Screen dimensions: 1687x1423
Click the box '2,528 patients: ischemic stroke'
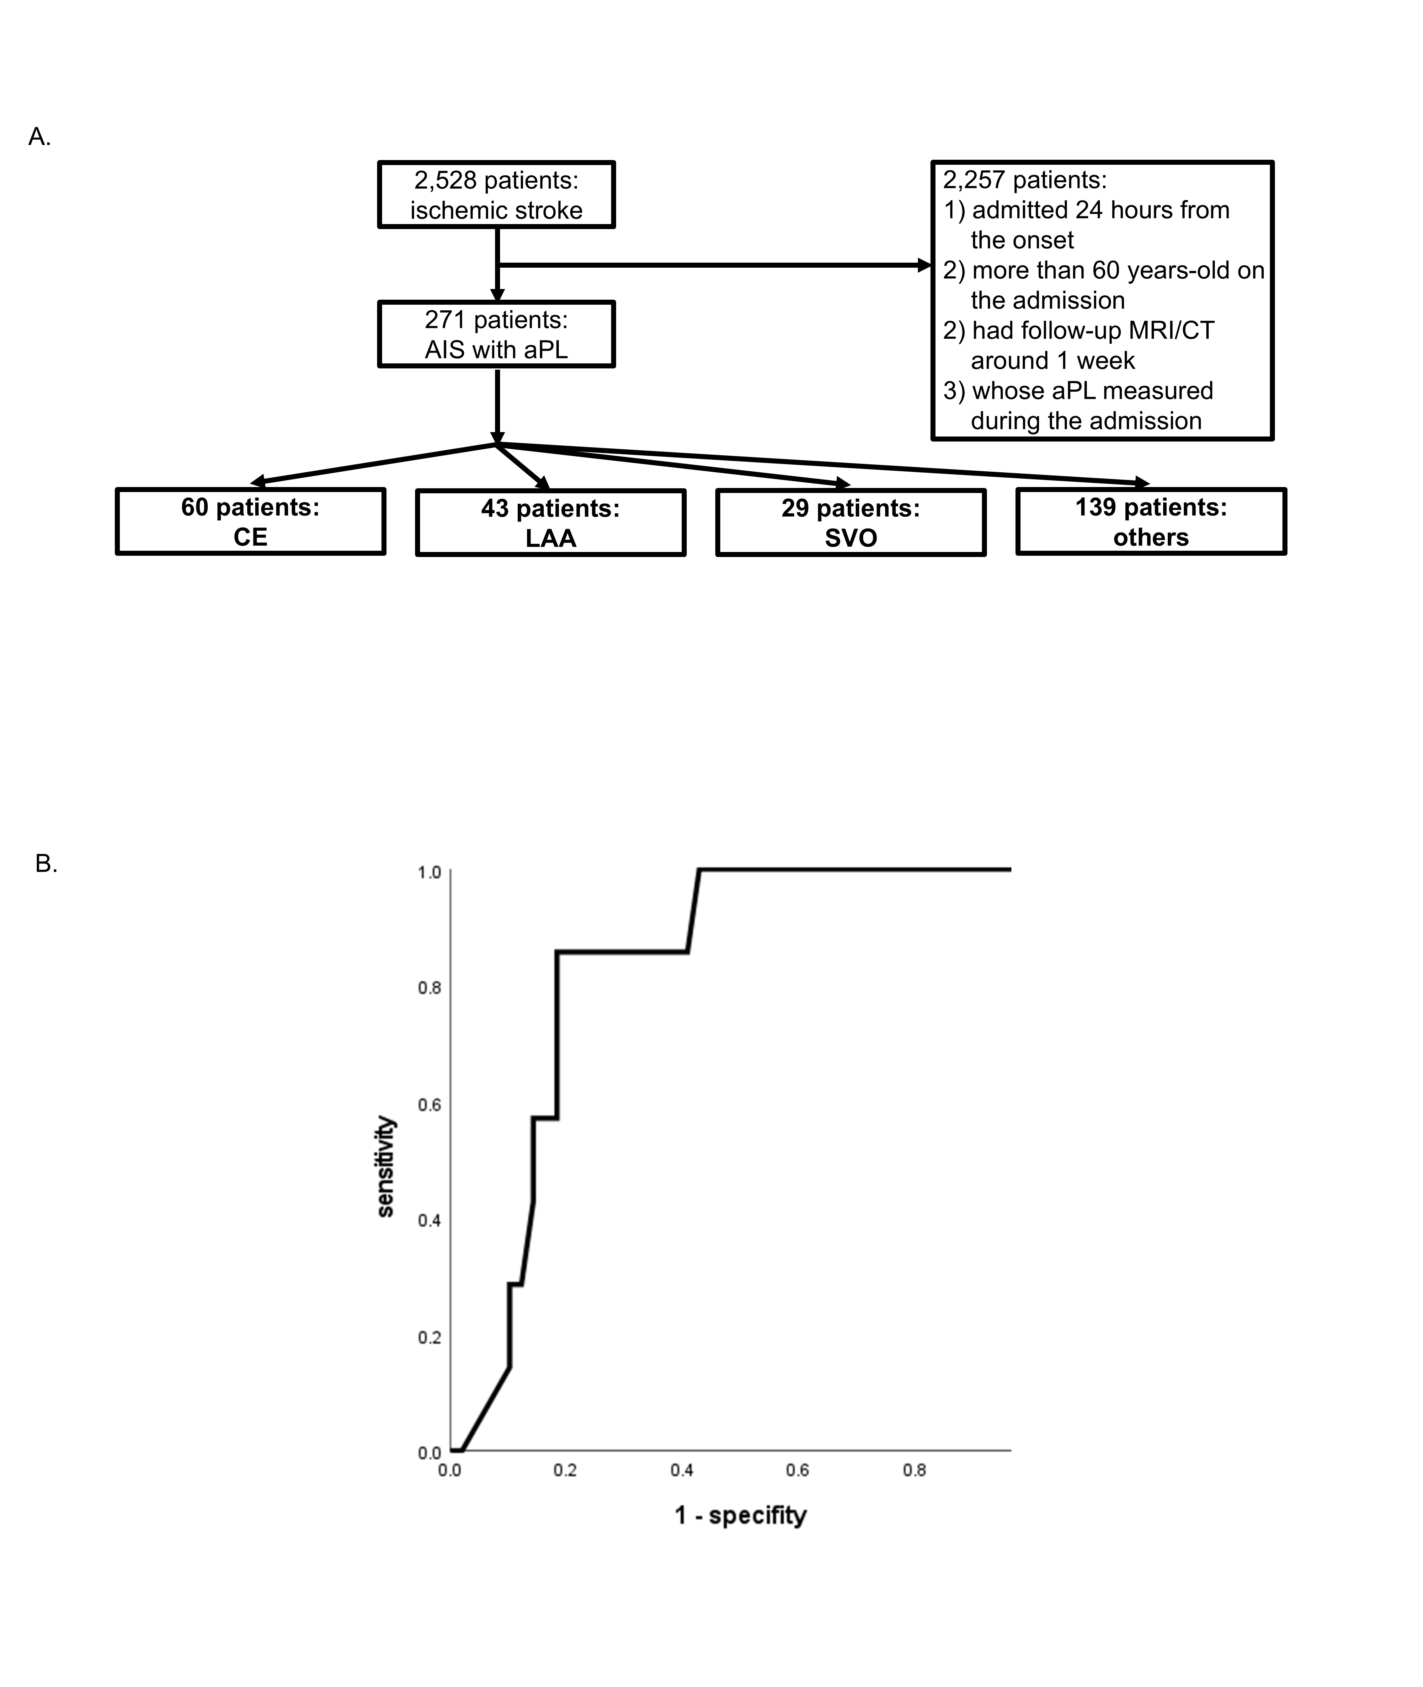pos(496,195)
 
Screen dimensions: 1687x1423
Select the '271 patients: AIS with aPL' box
pos(496,334)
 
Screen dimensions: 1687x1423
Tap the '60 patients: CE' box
pos(250,521)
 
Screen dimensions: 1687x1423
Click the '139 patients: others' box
pos(1150,521)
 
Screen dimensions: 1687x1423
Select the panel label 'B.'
pos(46,863)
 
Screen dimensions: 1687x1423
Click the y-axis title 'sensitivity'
pos(386,1167)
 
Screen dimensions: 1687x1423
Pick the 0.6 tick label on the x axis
pos(797,1470)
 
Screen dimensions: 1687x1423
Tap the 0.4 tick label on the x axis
pos(682,1470)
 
